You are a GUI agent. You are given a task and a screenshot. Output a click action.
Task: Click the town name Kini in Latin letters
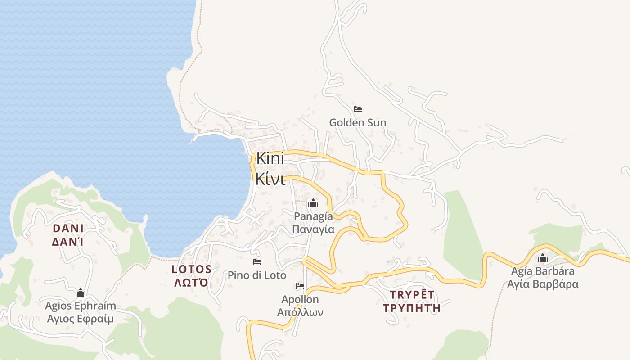pyautogui.click(x=270, y=159)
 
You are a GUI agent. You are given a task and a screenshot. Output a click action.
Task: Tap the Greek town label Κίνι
pyautogui.click(x=270, y=179)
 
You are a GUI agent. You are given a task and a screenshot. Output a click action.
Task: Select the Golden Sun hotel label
pyautogui.click(x=358, y=122)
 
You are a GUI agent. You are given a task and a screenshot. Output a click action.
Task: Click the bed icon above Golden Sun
pyautogui.click(x=358, y=109)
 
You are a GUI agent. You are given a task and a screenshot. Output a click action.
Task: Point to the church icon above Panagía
pyautogui.click(x=313, y=203)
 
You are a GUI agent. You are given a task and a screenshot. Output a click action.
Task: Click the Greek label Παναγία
pyautogui.click(x=313, y=229)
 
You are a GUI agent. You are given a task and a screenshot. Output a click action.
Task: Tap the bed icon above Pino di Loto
pyautogui.click(x=257, y=261)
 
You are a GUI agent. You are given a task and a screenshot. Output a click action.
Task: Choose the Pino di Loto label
pyautogui.click(x=257, y=275)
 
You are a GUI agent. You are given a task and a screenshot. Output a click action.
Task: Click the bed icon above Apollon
pyautogui.click(x=300, y=286)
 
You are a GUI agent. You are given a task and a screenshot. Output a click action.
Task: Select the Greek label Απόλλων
pyautogui.click(x=300, y=312)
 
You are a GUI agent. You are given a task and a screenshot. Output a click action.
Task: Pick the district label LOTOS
pyautogui.click(x=191, y=270)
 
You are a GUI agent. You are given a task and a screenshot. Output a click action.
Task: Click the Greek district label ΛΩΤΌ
pyautogui.click(x=191, y=283)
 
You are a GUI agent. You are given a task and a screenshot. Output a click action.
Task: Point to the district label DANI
pyautogui.click(x=68, y=228)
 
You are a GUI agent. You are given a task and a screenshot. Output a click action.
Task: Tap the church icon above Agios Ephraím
pyautogui.click(x=81, y=293)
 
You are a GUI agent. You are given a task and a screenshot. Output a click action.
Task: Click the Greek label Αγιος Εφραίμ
pyautogui.click(x=81, y=319)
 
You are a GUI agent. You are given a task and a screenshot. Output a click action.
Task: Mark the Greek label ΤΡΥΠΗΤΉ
pyautogui.click(x=412, y=308)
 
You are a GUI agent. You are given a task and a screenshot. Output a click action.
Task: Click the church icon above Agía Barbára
pyautogui.click(x=543, y=258)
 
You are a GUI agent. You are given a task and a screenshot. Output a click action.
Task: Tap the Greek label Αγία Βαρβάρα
pyautogui.click(x=543, y=284)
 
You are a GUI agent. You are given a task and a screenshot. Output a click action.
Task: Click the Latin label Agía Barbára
pyautogui.click(x=543, y=271)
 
